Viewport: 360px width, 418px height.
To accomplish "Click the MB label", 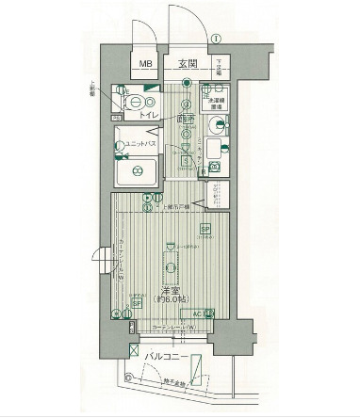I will click(x=145, y=65).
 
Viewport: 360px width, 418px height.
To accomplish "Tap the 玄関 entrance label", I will click(x=185, y=65).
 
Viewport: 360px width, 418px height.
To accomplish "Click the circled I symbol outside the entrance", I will click(x=216, y=39).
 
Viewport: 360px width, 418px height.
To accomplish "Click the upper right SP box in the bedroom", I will click(x=205, y=230).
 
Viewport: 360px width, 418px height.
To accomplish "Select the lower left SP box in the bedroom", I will click(x=135, y=303).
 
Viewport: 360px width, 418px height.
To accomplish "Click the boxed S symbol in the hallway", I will click(x=186, y=160).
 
